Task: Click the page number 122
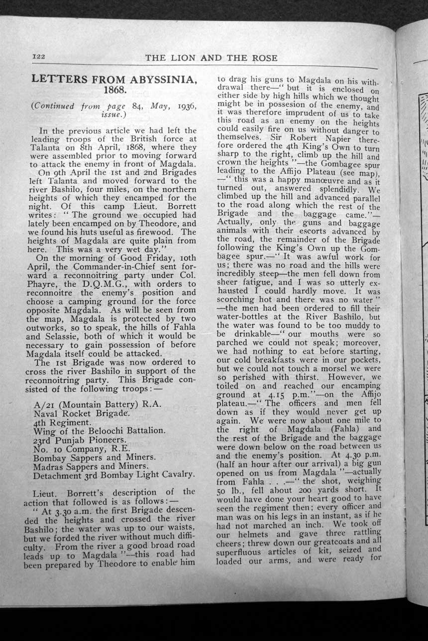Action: pos(39,57)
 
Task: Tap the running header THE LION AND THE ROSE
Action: pos(211,58)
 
